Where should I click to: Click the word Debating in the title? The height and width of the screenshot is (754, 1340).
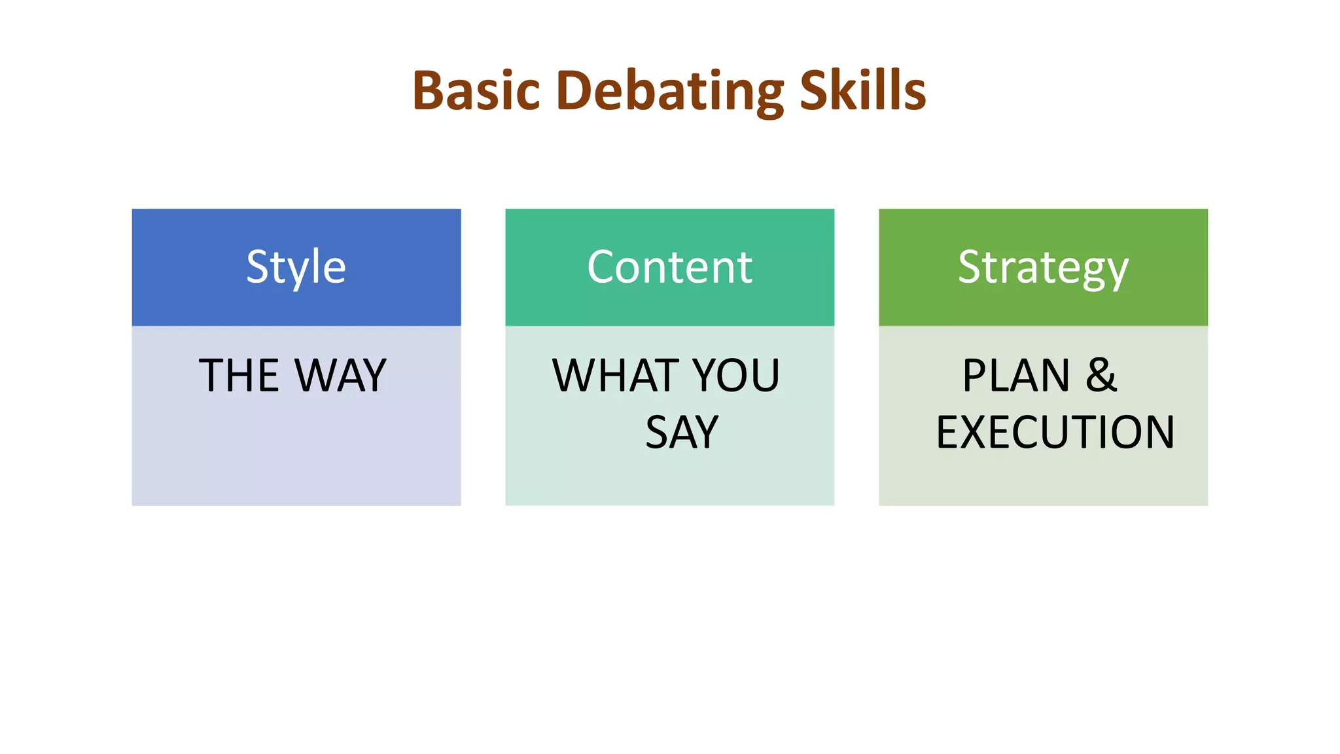coord(669,92)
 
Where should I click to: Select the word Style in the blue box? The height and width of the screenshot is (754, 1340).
coord(296,267)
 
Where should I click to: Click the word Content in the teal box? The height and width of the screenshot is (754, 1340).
coord(669,267)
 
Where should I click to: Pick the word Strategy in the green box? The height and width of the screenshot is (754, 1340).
coord(1043,268)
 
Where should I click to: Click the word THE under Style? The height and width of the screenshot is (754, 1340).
coord(239,376)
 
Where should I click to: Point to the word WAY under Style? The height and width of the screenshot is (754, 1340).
coord(340,376)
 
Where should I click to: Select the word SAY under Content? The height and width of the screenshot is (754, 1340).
coord(682,433)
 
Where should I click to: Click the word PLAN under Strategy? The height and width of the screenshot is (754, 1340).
coord(1015,376)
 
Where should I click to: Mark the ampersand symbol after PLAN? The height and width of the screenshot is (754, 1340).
coord(1101,376)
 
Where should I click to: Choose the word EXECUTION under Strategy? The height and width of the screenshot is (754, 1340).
coord(1055,433)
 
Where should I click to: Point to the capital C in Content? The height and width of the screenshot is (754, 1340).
coord(602,267)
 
